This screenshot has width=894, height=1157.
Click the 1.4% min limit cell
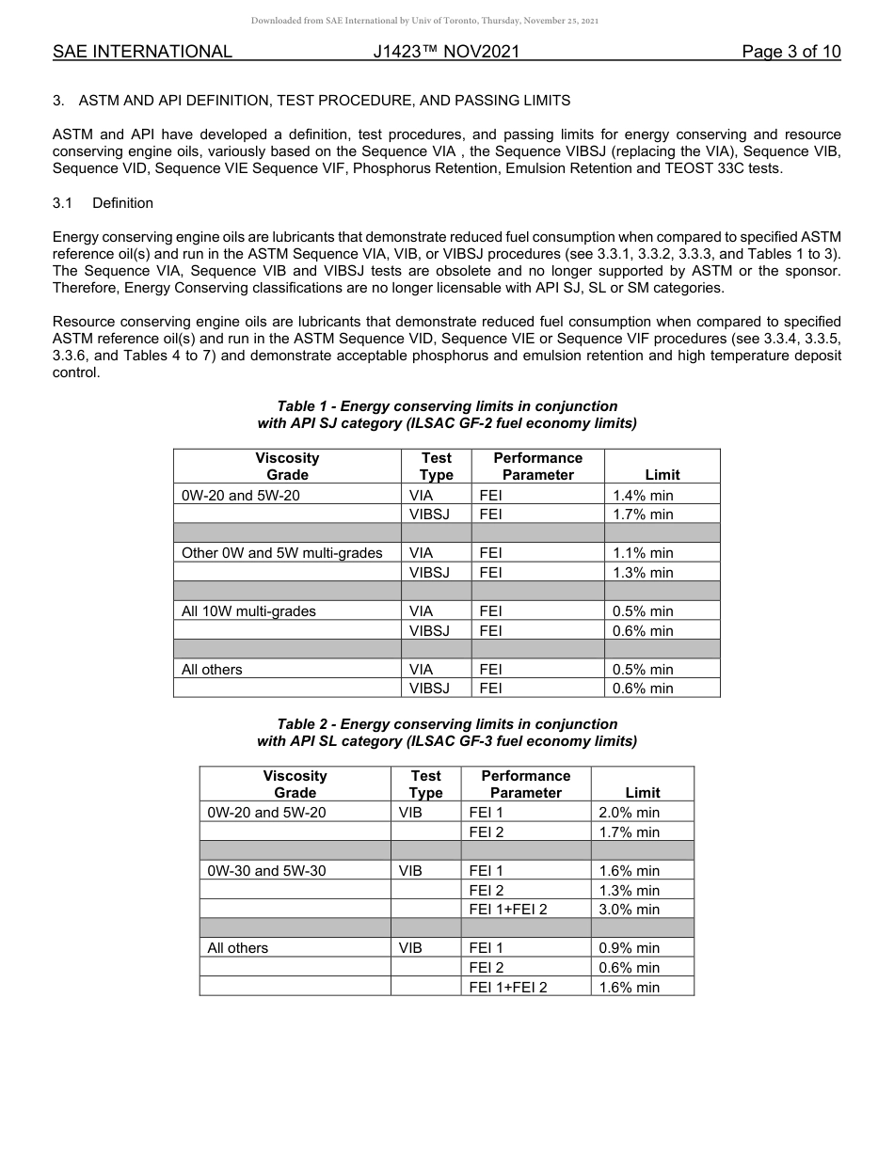643,495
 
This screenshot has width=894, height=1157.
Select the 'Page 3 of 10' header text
790,52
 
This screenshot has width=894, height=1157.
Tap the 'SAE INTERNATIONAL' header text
142,52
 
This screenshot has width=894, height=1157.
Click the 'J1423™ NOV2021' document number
446,52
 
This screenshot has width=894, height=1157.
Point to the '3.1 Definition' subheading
103,203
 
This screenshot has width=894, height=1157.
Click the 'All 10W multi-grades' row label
248,611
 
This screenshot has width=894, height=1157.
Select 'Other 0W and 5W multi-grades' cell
281,553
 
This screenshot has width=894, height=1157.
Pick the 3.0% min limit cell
630,910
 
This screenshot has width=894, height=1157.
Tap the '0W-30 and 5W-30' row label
266,871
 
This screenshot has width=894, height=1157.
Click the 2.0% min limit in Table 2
630,813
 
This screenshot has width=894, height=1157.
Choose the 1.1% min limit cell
643,553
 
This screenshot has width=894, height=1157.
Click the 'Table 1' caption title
447,415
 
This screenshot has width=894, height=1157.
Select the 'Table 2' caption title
447,733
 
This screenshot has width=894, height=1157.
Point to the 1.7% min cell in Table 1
643,515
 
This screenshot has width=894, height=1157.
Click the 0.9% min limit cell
630,948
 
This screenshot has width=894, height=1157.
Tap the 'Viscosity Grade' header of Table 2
295,784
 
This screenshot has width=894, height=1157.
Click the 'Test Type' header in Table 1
436,466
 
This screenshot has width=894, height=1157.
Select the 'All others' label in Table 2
237,948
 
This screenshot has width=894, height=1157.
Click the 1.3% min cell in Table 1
643,573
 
